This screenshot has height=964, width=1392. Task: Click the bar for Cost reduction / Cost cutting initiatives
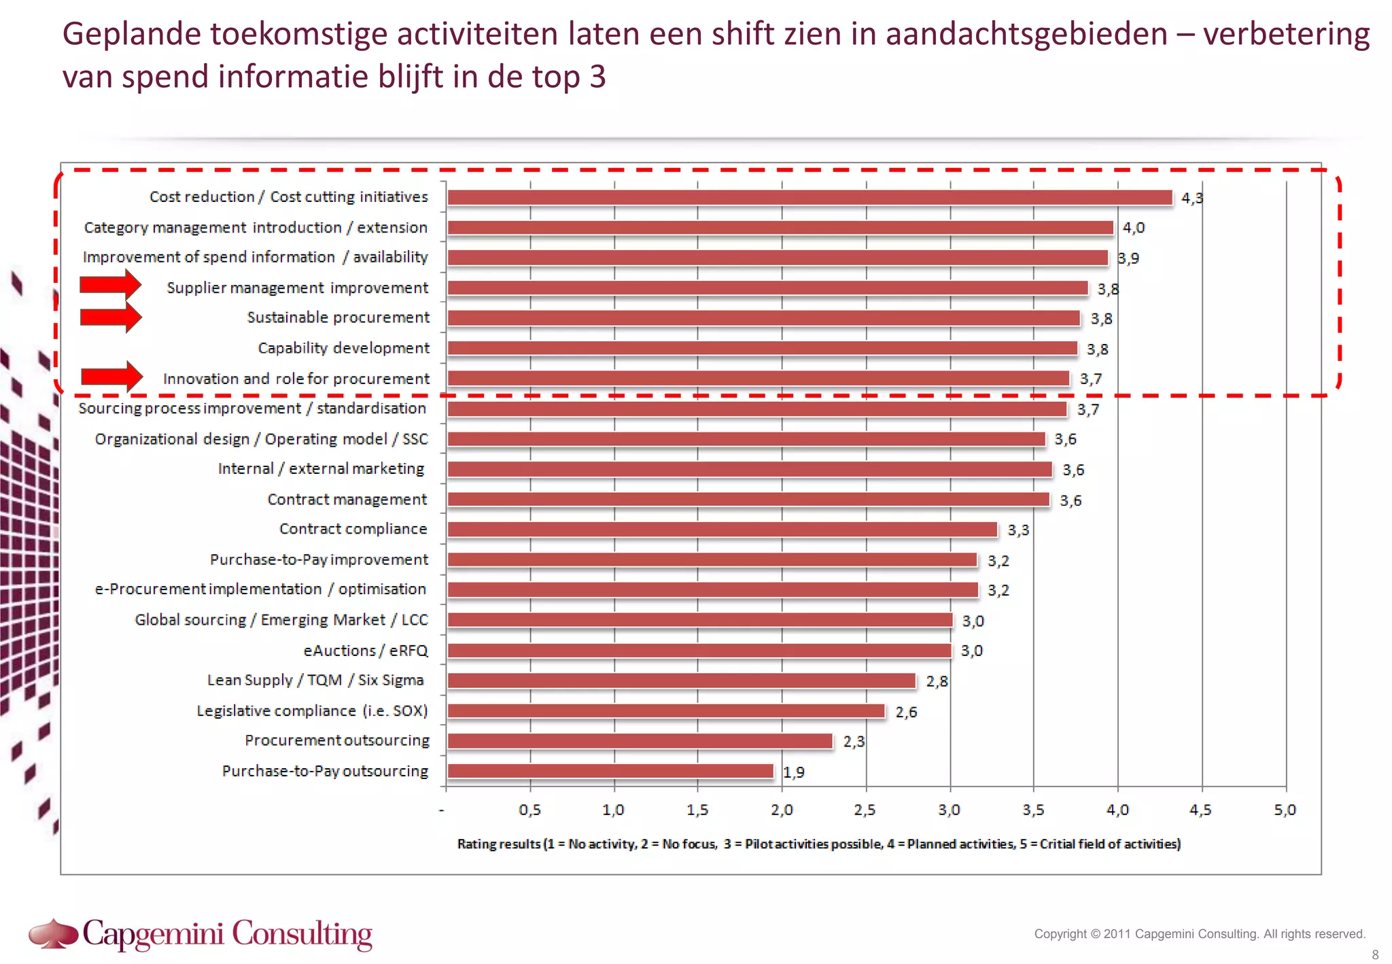[x=809, y=198]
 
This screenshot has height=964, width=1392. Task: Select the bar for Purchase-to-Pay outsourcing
[x=610, y=771]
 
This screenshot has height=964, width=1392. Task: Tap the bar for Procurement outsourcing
[x=639, y=741]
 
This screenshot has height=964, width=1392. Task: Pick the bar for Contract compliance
[x=722, y=530]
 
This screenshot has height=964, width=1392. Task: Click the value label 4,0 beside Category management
[x=1133, y=228]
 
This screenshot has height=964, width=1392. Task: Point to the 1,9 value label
[x=793, y=772]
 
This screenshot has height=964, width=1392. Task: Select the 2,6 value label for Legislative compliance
[x=905, y=712]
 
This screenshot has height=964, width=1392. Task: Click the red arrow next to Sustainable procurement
[x=110, y=317]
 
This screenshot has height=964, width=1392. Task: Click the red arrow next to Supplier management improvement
[x=110, y=285]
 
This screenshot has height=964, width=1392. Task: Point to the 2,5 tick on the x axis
[x=865, y=810]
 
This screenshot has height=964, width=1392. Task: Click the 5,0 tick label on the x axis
[x=1284, y=810]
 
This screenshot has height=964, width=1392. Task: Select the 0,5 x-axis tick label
[x=529, y=810]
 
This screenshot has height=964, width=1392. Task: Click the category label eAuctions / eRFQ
[x=366, y=651]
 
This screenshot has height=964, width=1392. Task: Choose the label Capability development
[x=343, y=348]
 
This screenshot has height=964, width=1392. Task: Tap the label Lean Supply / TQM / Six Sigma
[x=315, y=681]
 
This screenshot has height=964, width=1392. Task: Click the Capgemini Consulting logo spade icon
[x=53, y=933]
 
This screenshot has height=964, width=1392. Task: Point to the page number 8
[x=1375, y=954]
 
